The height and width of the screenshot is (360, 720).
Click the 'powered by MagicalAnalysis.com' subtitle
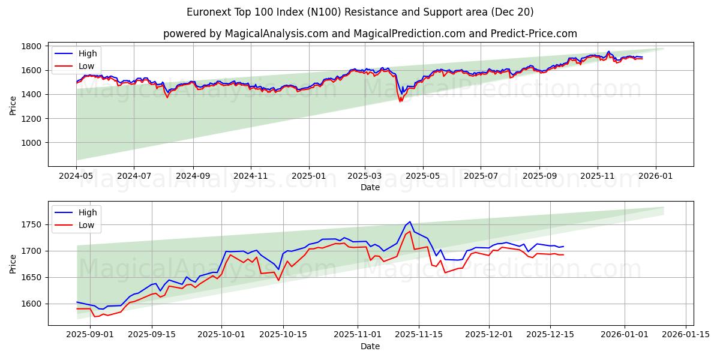click(370, 34)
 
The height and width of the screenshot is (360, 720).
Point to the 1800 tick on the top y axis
click(31, 46)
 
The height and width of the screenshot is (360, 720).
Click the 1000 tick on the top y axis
click(31, 143)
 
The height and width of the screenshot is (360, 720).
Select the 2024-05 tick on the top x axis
click(76, 177)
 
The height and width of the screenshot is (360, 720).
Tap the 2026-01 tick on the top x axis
click(655, 177)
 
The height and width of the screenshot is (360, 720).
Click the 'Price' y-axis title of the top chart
click(13, 104)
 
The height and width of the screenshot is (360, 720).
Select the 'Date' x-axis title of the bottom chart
click(370, 346)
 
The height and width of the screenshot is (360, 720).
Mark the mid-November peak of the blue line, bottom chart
click(410, 221)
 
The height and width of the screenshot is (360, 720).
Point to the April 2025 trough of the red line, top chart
click(400, 101)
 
